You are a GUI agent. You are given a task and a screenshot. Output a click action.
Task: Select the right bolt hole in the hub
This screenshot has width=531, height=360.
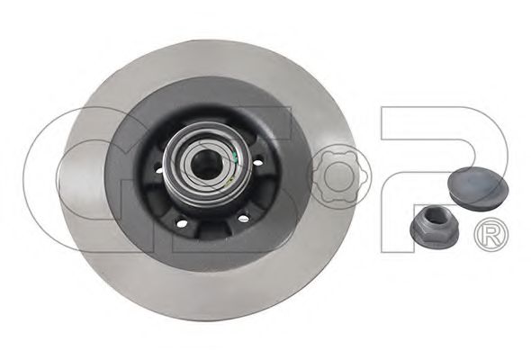[x=259, y=159]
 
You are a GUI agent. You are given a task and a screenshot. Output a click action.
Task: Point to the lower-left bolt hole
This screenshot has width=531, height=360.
[x=181, y=223]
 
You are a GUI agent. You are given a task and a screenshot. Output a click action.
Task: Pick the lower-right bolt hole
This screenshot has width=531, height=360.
[x=243, y=219]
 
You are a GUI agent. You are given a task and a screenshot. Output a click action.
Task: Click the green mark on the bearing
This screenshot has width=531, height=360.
[x=235, y=156]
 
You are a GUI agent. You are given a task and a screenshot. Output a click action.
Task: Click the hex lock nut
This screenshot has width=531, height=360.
[x=435, y=225]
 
